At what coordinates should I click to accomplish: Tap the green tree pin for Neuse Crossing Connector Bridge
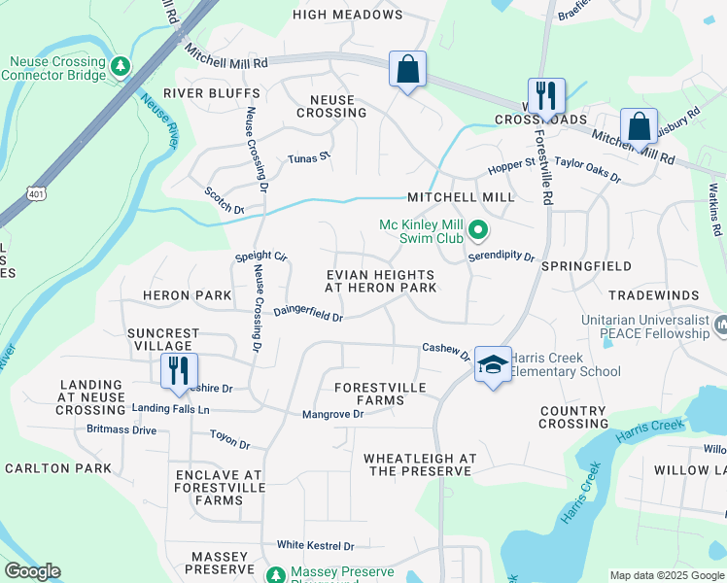click(120, 66)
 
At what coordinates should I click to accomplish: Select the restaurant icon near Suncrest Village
click(180, 372)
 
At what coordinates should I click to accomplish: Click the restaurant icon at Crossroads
click(546, 97)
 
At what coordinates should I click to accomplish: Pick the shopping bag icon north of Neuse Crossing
click(407, 70)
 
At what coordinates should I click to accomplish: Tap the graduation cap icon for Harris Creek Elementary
click(494, 365)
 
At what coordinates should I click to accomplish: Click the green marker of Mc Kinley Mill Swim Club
click(477, 231)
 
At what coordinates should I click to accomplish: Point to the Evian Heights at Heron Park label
click(380, 282)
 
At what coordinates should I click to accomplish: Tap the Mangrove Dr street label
click(332, 414)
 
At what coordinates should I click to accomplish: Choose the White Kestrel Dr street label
click(315, 546)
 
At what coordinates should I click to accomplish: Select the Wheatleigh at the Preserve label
click(420, 464)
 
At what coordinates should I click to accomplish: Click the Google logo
click(32, 571)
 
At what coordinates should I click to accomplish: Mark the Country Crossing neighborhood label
click(573, 417)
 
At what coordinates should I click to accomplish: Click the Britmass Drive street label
click(121, 429)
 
